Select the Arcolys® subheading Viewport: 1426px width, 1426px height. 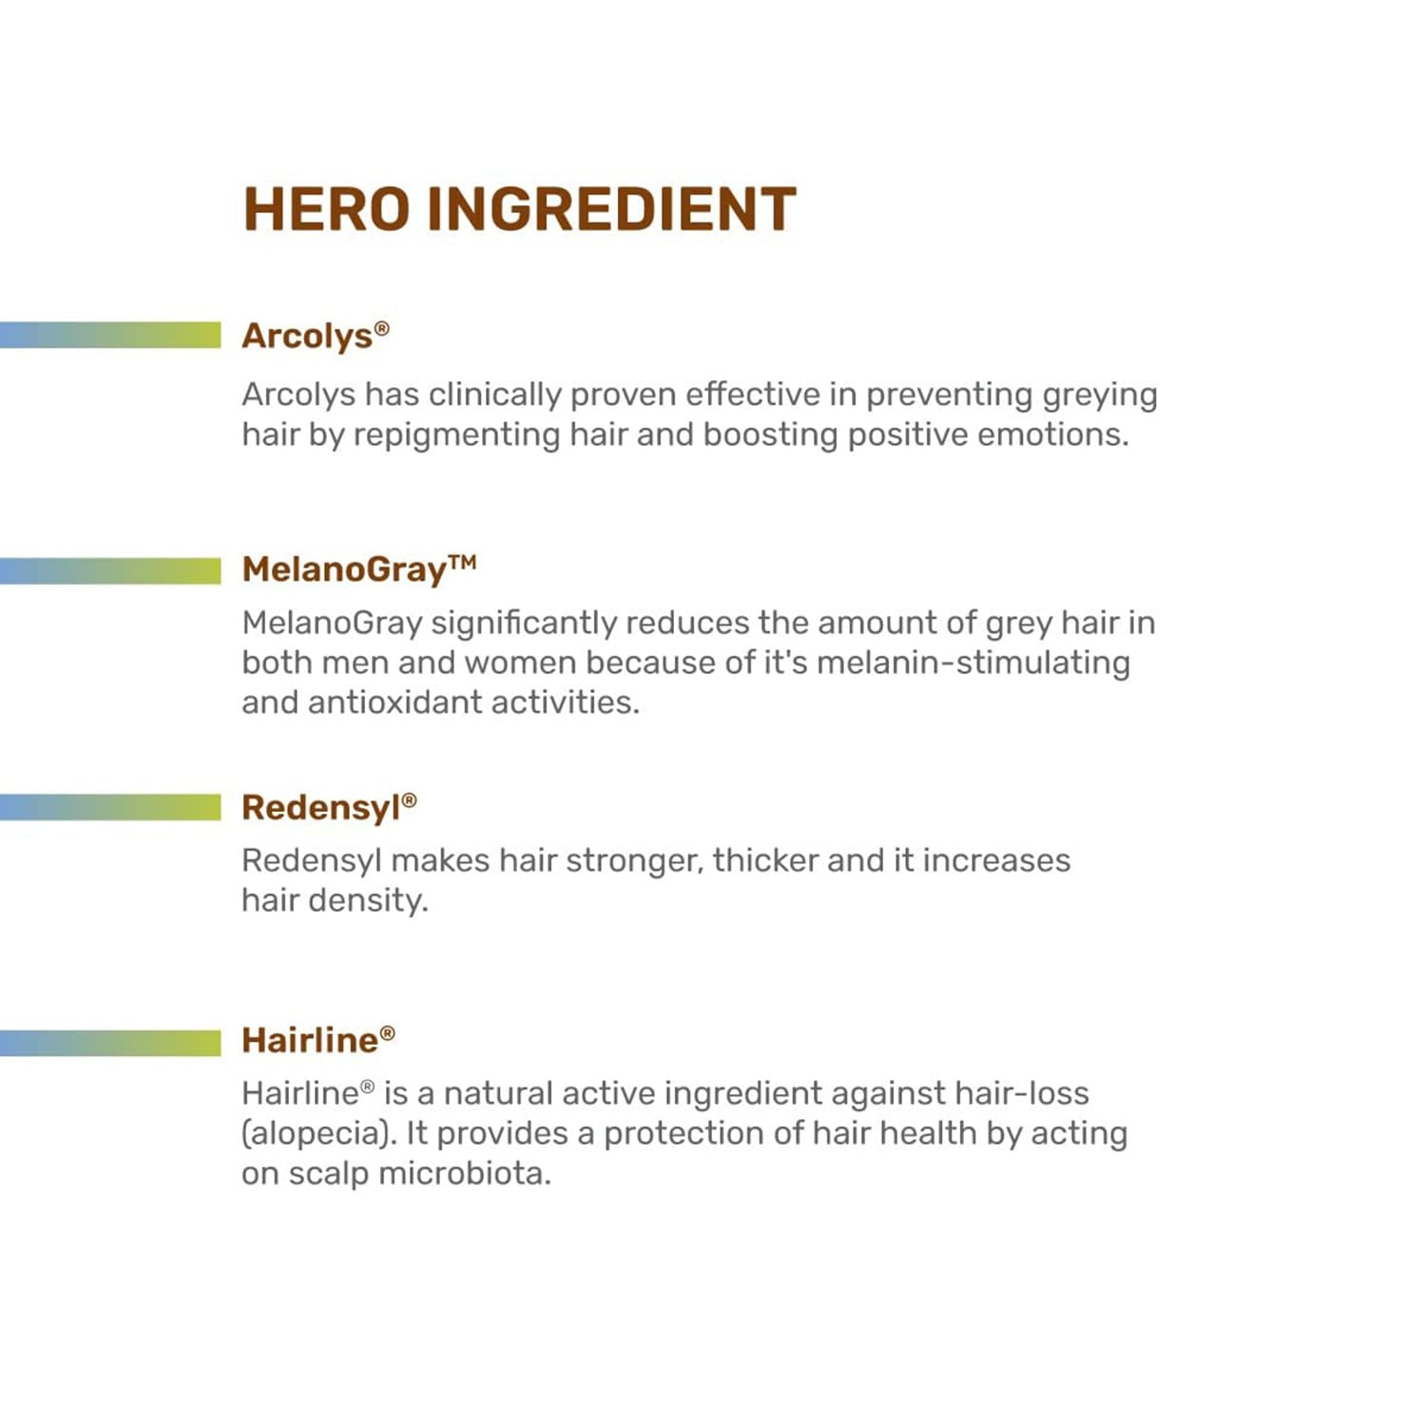[316, 337]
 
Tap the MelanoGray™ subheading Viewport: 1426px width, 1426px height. [359, 569]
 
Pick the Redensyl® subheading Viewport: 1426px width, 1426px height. [329, 807]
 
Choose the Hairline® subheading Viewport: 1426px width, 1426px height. [318, 1040]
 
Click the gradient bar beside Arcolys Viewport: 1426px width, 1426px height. [110, 335]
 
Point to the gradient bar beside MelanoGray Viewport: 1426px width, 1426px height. [110, 570]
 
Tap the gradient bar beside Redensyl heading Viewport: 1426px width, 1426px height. [110, 807]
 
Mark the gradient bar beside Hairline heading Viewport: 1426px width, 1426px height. [110, 1043]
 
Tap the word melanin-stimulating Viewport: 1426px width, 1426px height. [973, 664]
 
